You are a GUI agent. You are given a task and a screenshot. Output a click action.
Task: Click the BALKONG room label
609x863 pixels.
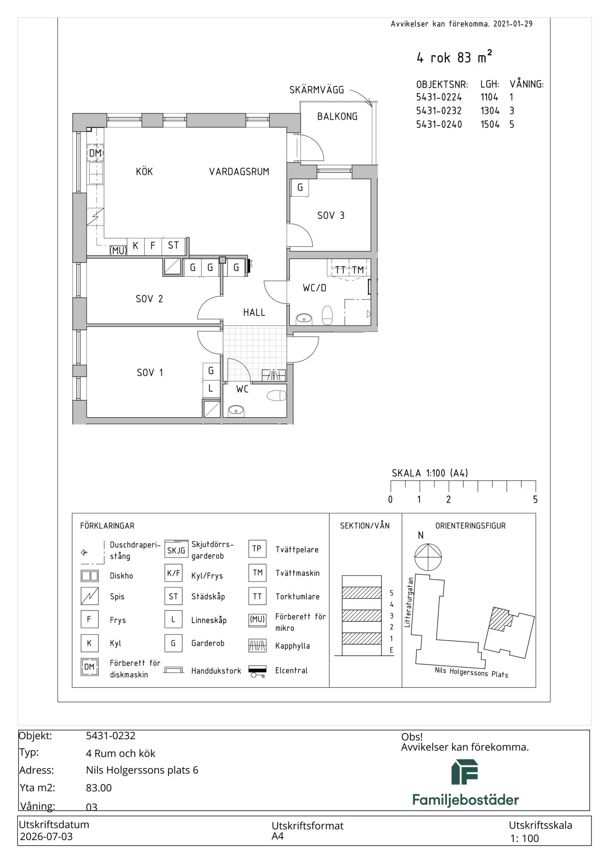coord(337,117)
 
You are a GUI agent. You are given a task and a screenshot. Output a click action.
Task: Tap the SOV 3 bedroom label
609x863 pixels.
coord(331,215)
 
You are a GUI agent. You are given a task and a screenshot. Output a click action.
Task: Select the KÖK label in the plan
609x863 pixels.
coord(144,171)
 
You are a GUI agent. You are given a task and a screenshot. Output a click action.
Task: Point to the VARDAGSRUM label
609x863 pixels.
coord(239,172)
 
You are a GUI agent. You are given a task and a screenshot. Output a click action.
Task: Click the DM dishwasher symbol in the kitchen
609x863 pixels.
coord(95,153)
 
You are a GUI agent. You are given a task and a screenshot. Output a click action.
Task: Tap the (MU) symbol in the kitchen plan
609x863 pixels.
coord(118,250)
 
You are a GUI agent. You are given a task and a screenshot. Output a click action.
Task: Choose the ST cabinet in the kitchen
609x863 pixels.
coord(173,246)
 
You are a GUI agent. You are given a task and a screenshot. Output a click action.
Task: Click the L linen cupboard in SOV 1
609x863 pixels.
coord(211,388)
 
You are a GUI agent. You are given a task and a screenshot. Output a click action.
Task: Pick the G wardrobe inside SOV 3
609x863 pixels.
coord(300,188)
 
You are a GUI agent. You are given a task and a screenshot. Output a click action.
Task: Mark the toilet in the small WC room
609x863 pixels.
coord(277,395)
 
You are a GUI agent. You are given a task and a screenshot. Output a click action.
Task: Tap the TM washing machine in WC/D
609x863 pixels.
coord(358,270)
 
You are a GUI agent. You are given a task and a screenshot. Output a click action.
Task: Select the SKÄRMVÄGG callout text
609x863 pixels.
coord(317,90)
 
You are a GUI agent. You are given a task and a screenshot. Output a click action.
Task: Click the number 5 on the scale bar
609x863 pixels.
coord(535,500)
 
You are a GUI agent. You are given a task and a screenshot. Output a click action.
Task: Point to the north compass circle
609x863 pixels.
coord(428,557)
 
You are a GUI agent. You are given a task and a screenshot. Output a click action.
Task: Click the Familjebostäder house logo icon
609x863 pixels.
coord(465,772)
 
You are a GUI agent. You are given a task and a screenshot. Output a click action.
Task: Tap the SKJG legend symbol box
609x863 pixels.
coord(176,550)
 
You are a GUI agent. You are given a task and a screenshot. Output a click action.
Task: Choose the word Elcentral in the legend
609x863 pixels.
coord(291,671)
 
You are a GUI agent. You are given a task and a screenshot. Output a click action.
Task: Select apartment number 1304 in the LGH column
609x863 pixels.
coord(490,111)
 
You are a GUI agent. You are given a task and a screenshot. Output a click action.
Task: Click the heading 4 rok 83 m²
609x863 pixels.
coord(454,57)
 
